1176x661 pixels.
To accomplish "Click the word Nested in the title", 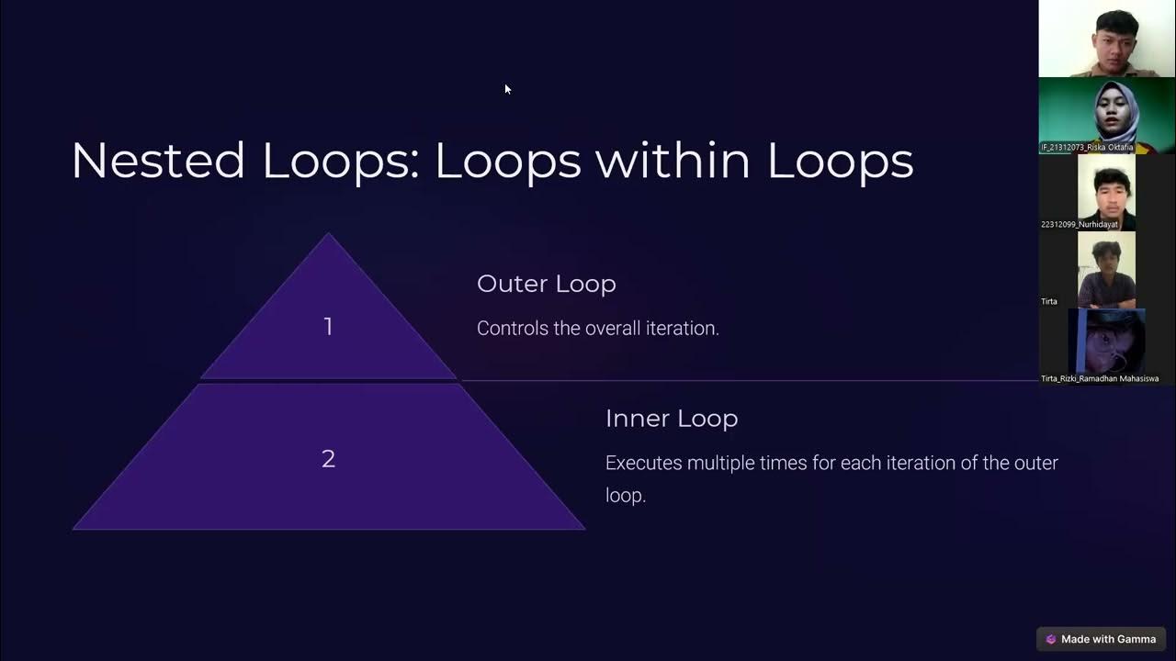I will (x=157, y=161).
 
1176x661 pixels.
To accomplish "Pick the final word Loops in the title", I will (x=840, y=161).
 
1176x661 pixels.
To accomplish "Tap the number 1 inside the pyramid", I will (x=328, y=327).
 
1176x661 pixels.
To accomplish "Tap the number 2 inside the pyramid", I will (x=328, y=459).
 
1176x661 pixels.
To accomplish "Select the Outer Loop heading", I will (x=546, y=284).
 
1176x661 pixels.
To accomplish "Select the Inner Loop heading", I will (x=671, y=419).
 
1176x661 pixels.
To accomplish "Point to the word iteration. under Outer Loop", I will (x=683, y=328).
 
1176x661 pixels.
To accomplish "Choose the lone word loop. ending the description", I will (x=626, y=495).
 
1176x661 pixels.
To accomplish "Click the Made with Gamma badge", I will (x=1101, y=639).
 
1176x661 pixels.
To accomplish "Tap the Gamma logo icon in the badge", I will (x=1051, y=639).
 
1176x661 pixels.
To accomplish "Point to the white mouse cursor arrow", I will (x=507, y=89).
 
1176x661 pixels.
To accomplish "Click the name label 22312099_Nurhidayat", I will (x=1080, y=224).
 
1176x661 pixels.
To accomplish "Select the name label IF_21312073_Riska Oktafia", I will (x=1087, y=147).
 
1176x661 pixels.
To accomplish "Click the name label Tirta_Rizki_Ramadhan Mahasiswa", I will (x=1099, y=378).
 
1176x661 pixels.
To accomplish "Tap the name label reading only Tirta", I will (x=1049, y=301).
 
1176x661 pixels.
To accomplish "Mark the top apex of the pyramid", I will (x=328, y=235).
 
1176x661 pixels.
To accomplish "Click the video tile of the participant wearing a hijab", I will (x=1106, y=115).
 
